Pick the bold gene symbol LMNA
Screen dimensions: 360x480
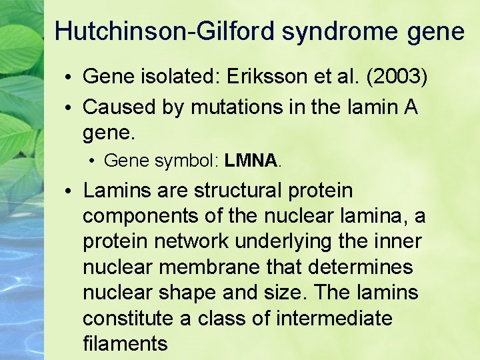coord(251,161)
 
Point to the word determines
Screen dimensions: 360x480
coord(361,267)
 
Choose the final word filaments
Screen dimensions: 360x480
coord(125,343)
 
